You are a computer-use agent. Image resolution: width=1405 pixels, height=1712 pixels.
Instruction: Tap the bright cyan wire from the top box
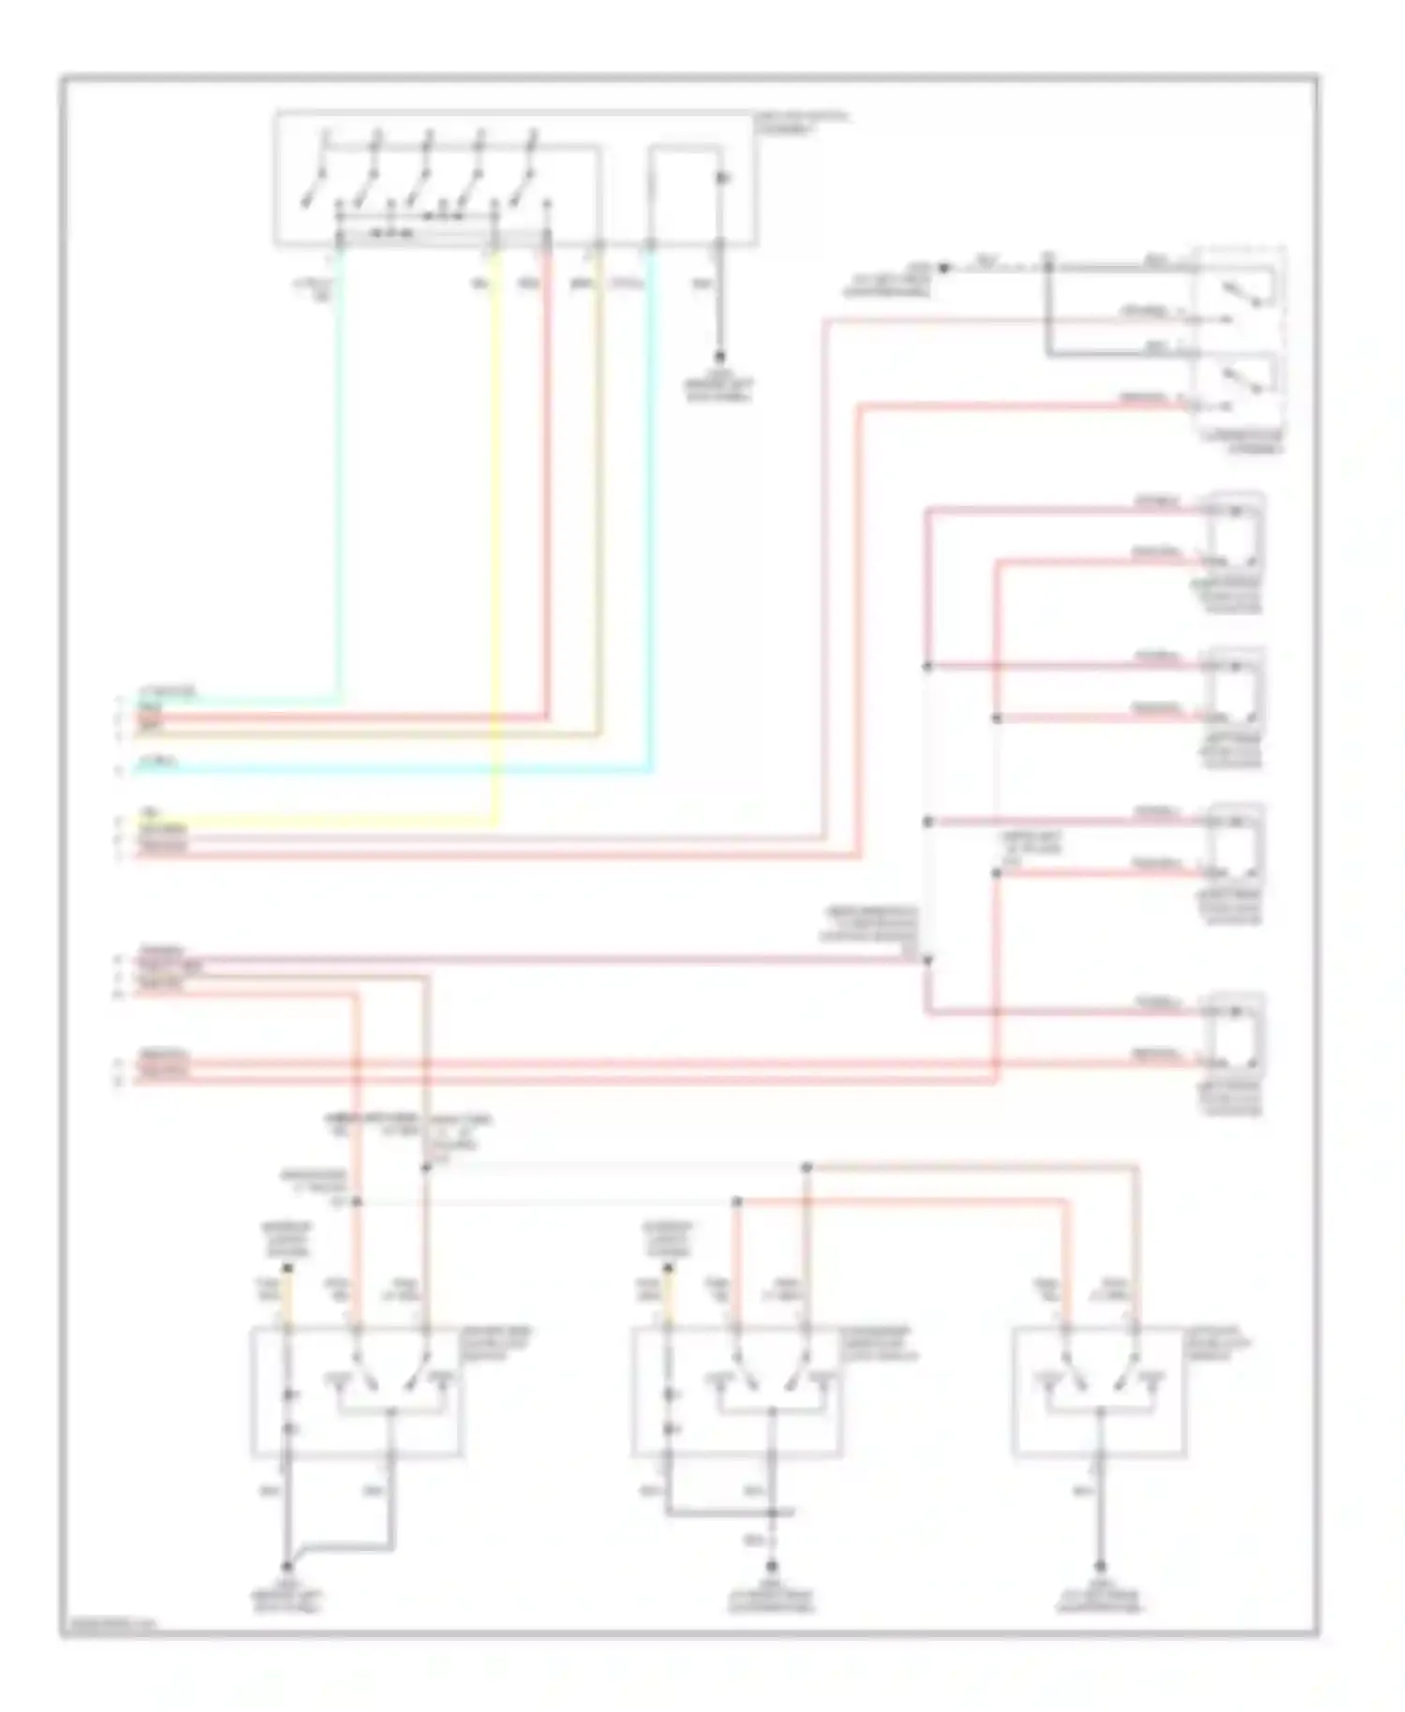(x=652, y=562)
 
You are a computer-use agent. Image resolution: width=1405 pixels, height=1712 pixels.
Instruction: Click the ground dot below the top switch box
(x=720, y=357)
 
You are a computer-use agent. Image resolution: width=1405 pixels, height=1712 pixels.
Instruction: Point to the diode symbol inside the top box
(x=720, y=178)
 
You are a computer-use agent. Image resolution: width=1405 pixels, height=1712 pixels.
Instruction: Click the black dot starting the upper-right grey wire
(x=944, y=268)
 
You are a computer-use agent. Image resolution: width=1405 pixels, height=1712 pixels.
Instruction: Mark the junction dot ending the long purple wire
(x=927, y=960)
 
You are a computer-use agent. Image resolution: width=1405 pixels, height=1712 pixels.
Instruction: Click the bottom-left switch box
(x=356, y=1392)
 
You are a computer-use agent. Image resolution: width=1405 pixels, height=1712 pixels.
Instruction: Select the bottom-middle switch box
(x=737, y=1392)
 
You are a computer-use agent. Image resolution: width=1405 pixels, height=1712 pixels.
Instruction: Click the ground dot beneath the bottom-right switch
(x=1100, y=1566)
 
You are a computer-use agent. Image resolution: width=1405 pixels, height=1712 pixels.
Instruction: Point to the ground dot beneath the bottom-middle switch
(x=773, y=1566)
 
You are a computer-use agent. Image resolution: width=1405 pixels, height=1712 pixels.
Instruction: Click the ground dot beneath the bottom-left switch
(x=287, y=1566)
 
